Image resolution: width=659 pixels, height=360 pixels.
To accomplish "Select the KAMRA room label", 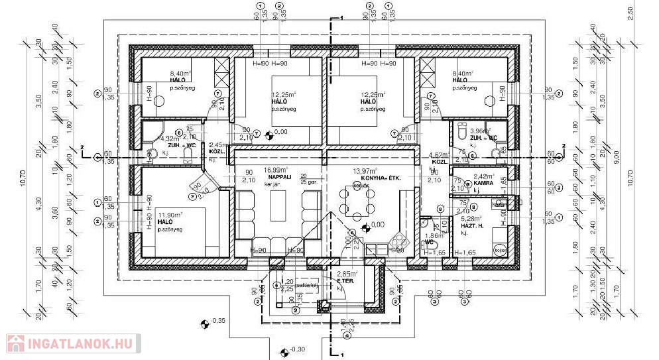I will pos(483,182).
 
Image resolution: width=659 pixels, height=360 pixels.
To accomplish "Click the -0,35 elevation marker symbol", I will pos(204,324).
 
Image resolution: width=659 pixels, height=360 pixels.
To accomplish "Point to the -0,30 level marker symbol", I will pos(284,350).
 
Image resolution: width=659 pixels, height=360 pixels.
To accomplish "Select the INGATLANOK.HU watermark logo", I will pos(71,343).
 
